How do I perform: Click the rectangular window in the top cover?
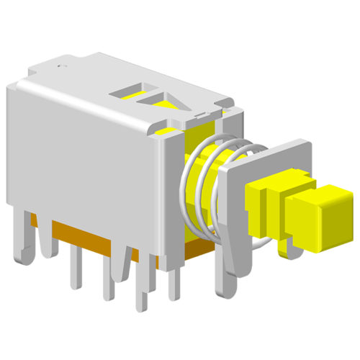130,91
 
